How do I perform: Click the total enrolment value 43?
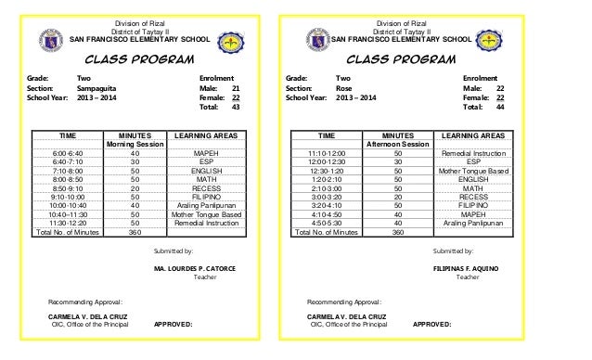[x=236, y=107]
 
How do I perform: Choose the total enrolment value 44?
[x=501, y=107]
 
